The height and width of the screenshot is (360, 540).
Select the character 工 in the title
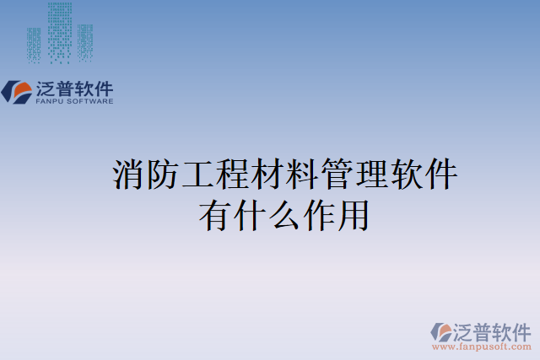point(198,175)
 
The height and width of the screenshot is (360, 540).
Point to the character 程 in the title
point(233,175)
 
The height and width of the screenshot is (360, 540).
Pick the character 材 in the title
point(267,175)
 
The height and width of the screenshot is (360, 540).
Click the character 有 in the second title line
point(215,214)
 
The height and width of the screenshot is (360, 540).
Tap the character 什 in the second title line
point(250,214)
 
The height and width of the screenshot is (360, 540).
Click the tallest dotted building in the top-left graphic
point(60,32)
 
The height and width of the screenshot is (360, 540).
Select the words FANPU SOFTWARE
point(73,101)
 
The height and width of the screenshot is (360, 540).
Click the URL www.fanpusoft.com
point(481,347)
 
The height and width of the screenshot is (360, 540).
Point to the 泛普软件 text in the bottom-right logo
point(493,330)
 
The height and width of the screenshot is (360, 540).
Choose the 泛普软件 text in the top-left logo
point(73,88)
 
